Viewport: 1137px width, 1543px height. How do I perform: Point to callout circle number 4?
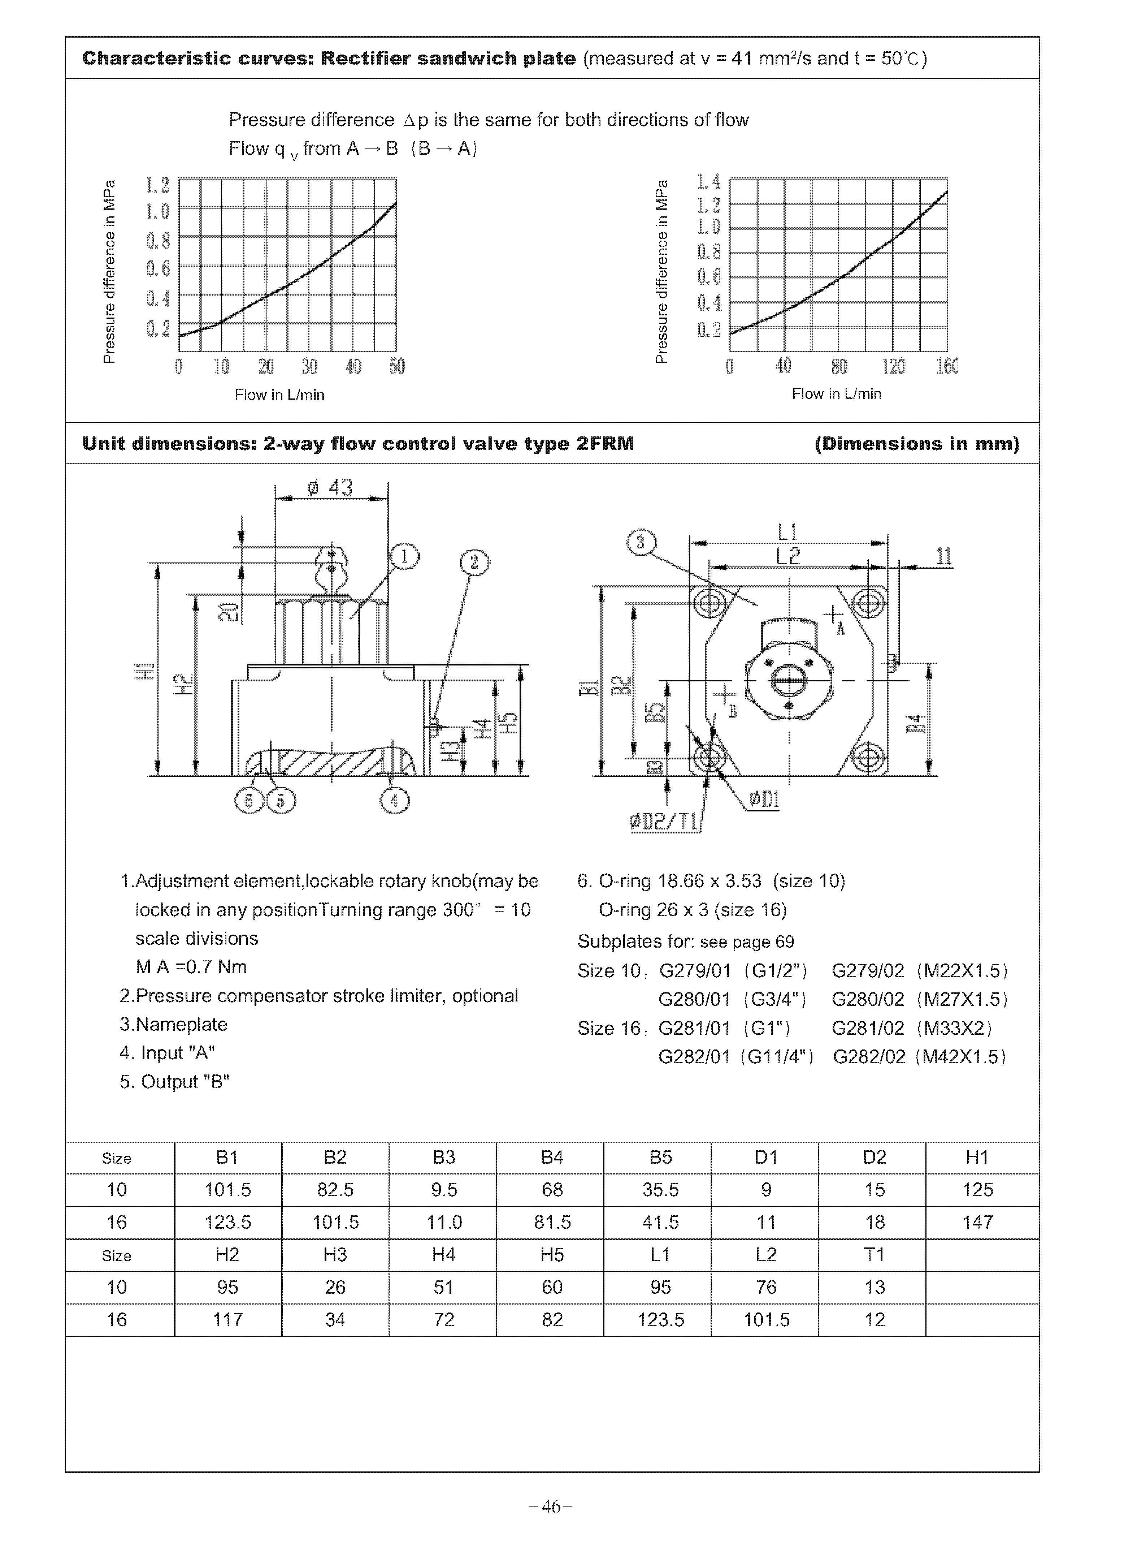click(394, 801)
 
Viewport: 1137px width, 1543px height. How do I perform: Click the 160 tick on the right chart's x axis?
click(947, 366)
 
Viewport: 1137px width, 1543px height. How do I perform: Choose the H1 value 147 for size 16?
click(977, 1222)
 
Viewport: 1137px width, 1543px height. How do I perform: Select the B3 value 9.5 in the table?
click(443, 1190)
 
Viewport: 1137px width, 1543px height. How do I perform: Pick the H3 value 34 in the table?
click(335, 1320)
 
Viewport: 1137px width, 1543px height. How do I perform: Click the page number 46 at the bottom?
click(551, 1507)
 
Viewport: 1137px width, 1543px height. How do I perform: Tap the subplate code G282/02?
click(869, 1057)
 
